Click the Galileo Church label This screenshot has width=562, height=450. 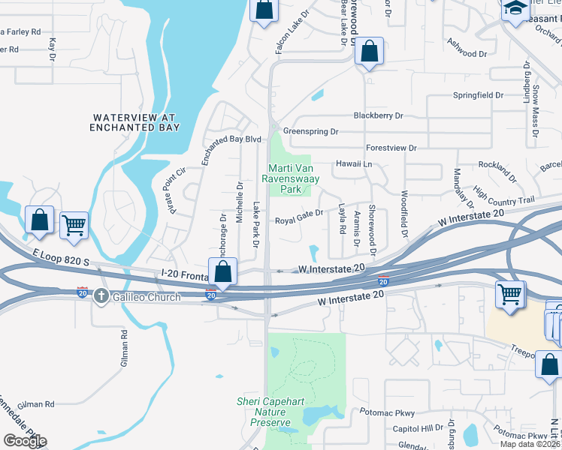147,297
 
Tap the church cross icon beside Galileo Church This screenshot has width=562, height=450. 101,295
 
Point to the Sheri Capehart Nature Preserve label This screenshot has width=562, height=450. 270,412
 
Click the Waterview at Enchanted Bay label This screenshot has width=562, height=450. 135,122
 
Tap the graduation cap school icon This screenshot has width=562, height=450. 515,7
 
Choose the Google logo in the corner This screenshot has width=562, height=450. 25,440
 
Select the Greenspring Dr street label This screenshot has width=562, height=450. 310,131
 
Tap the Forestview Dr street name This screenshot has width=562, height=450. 391,148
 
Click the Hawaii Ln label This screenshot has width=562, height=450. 357,163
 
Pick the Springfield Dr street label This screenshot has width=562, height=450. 478,95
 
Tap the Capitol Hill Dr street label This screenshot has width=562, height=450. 418,428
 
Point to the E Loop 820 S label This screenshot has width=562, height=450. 61,257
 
